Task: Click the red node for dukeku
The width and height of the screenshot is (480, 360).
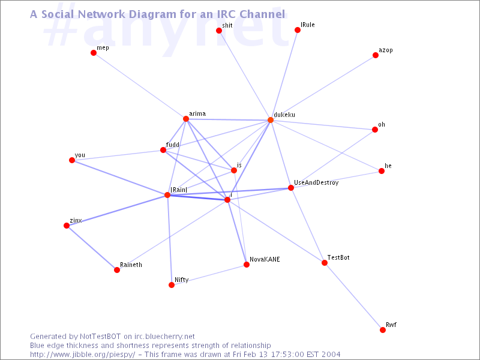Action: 271,120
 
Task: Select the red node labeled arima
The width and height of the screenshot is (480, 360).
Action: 186,119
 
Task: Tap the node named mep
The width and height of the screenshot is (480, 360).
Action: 94,53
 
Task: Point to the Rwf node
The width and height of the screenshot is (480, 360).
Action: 383,330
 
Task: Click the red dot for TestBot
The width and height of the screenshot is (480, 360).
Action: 325,263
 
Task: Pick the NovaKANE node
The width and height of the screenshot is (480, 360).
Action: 246,265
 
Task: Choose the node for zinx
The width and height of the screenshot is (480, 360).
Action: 67,226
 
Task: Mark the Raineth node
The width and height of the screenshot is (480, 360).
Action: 117,270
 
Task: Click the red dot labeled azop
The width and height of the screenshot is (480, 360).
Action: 376,55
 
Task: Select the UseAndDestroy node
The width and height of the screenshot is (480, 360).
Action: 291,188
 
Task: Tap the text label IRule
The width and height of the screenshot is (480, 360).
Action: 308,25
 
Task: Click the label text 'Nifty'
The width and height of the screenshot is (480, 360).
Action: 181,280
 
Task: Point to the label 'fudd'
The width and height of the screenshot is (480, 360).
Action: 173,145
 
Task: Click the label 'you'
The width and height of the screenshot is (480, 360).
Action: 80,155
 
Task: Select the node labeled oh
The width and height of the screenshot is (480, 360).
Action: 375,129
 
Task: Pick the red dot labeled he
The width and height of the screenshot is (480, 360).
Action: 382,171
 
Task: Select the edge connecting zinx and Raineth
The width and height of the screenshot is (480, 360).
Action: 92,248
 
